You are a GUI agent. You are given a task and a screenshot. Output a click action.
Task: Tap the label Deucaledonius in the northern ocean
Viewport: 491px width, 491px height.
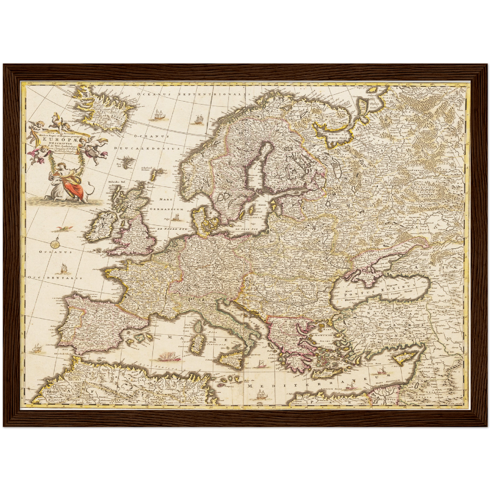tap(146, 148)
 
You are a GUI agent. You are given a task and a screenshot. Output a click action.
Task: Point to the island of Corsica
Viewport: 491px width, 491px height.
tap(198, 327)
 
